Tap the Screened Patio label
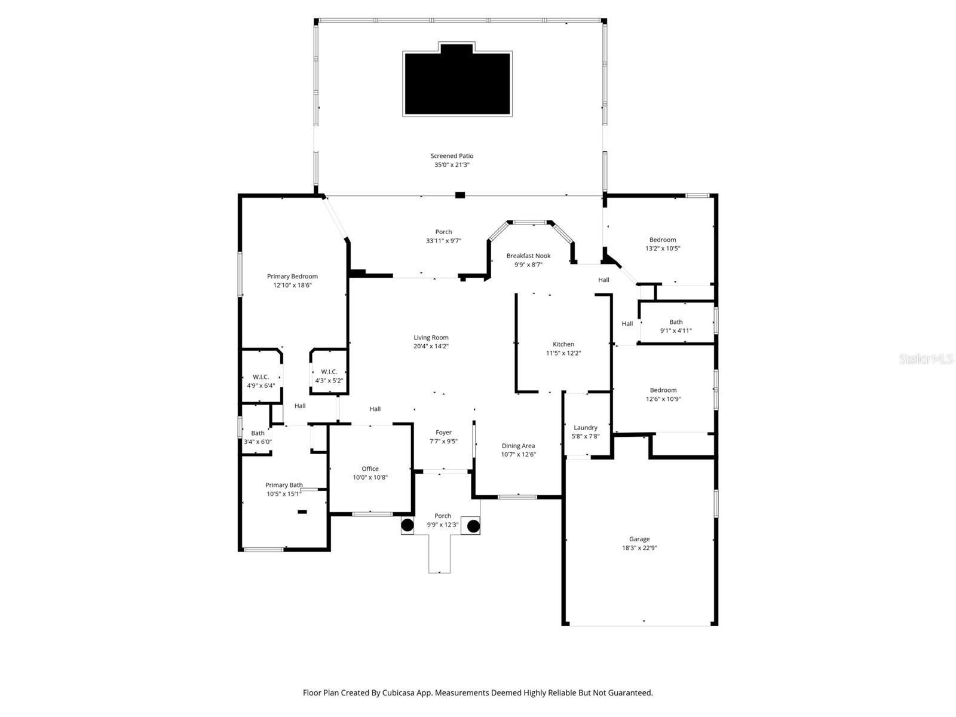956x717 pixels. (x=452, y=156)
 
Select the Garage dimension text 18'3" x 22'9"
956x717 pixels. (x=639, y=548)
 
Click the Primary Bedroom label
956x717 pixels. (x=292, y=276)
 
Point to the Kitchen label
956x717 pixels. (x=563, y=344)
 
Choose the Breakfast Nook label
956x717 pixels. (x=528, y=256)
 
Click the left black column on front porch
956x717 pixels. (x=407, y=526)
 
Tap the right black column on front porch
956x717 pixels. (x=473, y=526)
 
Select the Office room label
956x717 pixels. (x=370, y=468)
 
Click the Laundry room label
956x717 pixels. (x=586, y=427)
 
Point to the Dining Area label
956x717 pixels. (x=518, y=446)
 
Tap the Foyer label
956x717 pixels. (x=443, y=433)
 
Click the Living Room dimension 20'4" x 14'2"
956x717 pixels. (x=431, y=346)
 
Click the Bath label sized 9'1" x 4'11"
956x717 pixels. (x=676, y=322)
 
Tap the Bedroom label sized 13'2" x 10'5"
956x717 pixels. (x=663, y=240)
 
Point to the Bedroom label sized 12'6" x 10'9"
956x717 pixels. (x=663, y=390)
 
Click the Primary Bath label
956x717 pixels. (x=284, y=485)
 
